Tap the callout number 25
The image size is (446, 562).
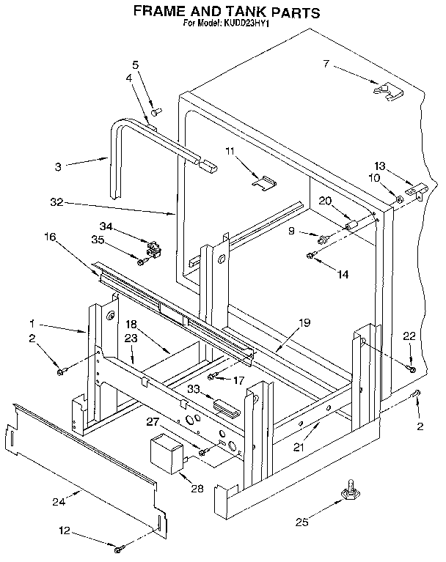pyautogui.click(x=299, y=522)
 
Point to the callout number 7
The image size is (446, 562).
pyautogui.click(x=326, y=64)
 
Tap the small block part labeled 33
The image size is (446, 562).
pyautogui.click(x=224, y=404)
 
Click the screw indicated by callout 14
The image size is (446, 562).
pyautogui.click(x=311, y=255)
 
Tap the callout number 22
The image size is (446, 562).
pyautogui.click(x=409, y=336)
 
